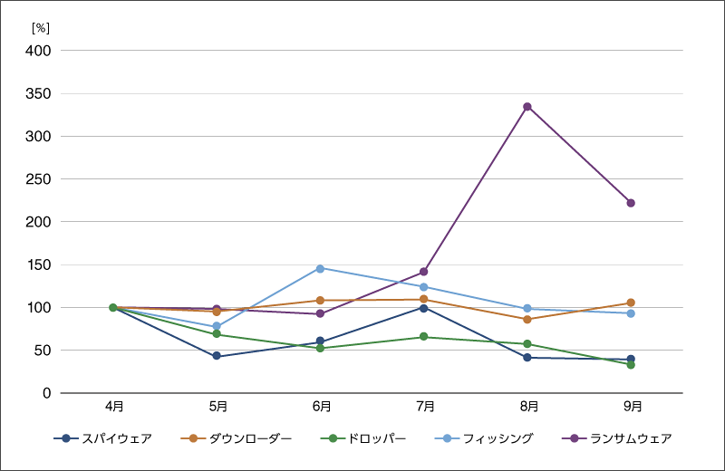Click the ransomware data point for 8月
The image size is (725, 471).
[527, 107]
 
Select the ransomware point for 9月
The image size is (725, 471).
[631, 203]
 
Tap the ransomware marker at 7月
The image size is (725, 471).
[423, 272]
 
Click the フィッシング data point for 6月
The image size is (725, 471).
[320, 268]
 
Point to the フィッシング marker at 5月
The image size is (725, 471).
[217, 326]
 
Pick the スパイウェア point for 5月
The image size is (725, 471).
[217, 356]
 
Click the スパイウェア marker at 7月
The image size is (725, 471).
[423, 308]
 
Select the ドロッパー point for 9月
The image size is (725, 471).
[631, 364]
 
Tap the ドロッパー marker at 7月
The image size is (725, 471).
[423, 337]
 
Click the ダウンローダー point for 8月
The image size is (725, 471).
[527, 319]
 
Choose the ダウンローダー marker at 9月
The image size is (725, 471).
[631, 303]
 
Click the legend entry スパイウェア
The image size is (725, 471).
[103, 438]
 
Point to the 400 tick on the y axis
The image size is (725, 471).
[42, 51]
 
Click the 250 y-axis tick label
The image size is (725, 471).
[42, 179]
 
